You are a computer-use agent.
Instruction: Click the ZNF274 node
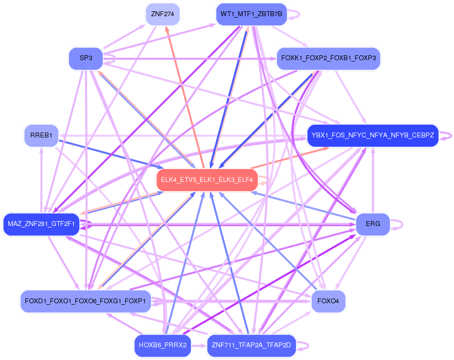click(x=162, y=14)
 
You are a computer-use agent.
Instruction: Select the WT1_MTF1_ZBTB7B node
click(x=251, y=14)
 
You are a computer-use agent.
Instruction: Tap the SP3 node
click(x=86, y=58)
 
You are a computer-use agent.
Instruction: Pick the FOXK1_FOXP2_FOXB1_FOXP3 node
click(x=328, y=59)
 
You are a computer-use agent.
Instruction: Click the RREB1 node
click(x=41, y=135)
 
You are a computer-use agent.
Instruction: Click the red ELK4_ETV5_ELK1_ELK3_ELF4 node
click(x=206, y=180)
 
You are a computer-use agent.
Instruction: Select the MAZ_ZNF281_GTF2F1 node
click(x=41, y=225)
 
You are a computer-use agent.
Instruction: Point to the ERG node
click(x=373, y=225)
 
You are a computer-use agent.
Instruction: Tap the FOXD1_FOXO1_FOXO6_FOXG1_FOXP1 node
click(x=85, y=301)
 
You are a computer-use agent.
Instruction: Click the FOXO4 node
click(x=328, y=300)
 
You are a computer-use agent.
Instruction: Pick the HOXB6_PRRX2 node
click(x=162, y=345)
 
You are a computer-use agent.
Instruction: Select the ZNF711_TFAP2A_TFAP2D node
click(x=251, y=345)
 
